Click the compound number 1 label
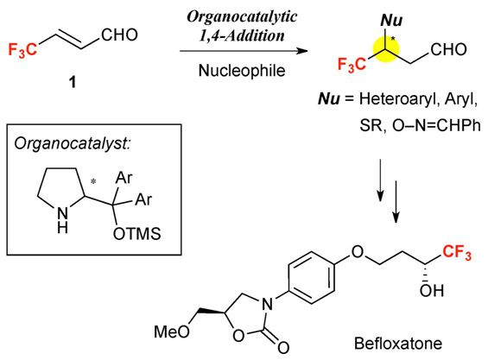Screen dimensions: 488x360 (x=73, y=82)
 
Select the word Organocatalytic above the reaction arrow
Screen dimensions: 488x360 (x=242, y=17)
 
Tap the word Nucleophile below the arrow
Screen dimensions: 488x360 (x=242, y=70)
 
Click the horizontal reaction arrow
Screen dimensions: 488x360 (x=244, y=51)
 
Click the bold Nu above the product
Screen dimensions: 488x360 (x=391, y=20)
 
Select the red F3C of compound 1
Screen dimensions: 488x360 (x=22, y=50)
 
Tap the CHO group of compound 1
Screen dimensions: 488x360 (x=119, y=35)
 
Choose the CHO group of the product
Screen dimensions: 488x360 (x=449, y=49)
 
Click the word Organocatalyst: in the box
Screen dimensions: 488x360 (x=73, y=144)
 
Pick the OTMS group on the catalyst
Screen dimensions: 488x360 (x=137, y=234)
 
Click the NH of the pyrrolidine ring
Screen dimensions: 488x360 (x=62, y=220)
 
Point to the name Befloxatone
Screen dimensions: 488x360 (x=398, y=344)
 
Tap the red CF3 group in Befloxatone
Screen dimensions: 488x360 (x=457, y=252)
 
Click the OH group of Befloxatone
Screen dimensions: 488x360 (x=431, y=291)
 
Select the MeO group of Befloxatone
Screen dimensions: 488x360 (x=172, y=332)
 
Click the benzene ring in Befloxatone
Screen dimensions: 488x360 (x=311, y=277)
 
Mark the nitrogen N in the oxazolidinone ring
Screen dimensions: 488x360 (x=267, y=304)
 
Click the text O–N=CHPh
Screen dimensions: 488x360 (x=436, y=125)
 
